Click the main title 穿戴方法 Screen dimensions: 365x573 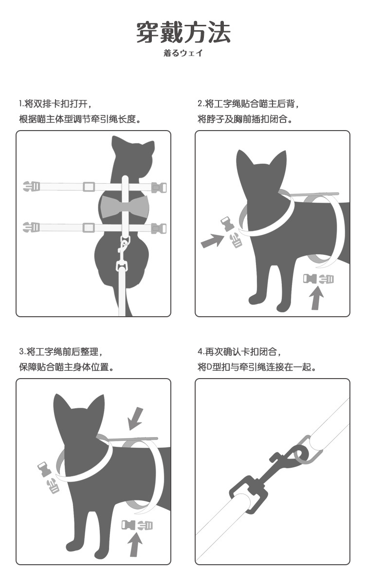[x=183, y=32]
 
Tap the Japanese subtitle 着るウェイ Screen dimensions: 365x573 [x=182, y=53]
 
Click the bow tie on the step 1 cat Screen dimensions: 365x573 [x=125, y=206]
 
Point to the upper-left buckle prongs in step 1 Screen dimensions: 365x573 [x=31, y=186]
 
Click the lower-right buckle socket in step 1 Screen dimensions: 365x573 [x=159, y=229]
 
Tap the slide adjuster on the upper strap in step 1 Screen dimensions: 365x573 [x=89, y=186]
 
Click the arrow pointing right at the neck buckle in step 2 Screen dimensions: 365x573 [x=212, y=241]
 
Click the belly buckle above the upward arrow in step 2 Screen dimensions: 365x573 [x=318, y=279]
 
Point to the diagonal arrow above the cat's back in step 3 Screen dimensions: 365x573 [x=135, y=419]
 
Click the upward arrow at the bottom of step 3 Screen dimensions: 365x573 [x=135, y=544]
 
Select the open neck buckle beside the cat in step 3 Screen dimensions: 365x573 [x=49, y=477]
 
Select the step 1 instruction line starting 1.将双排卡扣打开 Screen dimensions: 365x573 [x=54, y=104]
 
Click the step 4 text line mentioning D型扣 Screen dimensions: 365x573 [x=256, y=367]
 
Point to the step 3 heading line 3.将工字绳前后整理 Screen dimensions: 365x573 [x=60, y=352]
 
